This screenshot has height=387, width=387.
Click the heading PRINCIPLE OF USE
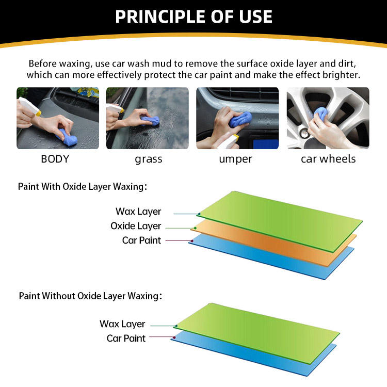(193, 17)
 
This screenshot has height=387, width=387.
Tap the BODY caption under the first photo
(55, 159)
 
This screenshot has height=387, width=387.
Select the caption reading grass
(149, 159)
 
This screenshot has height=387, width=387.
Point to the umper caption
(235, 159)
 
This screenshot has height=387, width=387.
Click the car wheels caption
(328, 159)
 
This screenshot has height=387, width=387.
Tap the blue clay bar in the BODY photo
(67, 137)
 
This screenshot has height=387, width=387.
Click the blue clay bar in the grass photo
(150, 121)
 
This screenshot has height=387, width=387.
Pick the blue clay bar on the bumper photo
(240, 120)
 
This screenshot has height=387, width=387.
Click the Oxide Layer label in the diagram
(136, 226)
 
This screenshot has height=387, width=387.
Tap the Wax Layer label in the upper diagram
(138, 212)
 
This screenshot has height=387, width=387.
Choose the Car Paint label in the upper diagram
(141, 240)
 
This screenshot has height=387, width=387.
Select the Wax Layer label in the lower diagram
(122, 324)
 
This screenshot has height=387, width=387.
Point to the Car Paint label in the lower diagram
(126, 338)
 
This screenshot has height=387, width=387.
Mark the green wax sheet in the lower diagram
(256, 333)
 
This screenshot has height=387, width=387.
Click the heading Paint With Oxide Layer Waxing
(83, 187)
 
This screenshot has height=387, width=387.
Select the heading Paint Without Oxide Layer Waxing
(91, 296)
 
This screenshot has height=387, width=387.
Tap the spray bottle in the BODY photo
(29, 106)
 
